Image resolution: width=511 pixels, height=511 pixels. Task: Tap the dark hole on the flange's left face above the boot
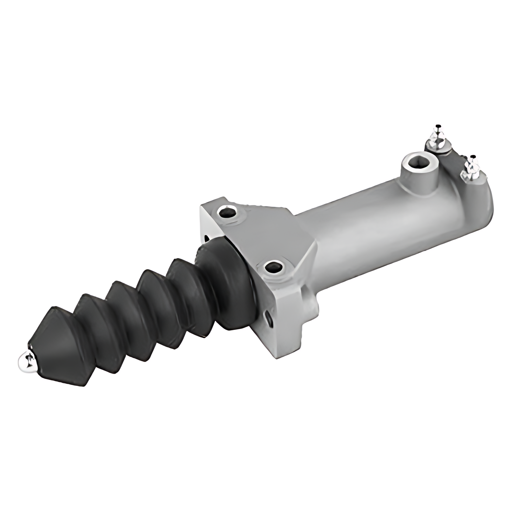[207, 237]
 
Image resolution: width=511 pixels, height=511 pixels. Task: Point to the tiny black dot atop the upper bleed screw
[438, 126]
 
